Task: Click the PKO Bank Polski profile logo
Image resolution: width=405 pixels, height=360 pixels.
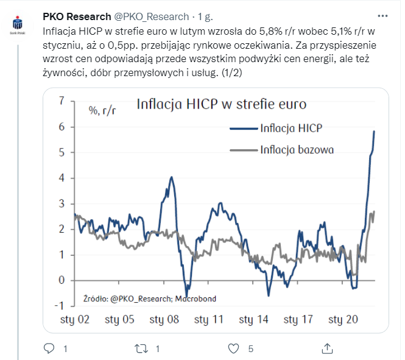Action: coord(18,26)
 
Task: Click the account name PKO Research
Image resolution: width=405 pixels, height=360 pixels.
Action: coord(77,16)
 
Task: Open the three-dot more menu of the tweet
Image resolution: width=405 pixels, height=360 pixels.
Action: coord(382,16)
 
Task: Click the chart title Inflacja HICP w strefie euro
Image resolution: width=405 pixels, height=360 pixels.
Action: coord(221,104)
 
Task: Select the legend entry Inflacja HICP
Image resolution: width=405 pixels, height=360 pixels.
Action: coord(291,129)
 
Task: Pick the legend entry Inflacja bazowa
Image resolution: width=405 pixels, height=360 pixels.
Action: coord(297,149)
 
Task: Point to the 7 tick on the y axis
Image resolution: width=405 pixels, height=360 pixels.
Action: coord(61,101)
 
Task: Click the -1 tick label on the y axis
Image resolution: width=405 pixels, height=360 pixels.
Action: coord(60,306)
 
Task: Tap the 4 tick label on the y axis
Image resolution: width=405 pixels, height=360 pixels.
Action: coord(61,178)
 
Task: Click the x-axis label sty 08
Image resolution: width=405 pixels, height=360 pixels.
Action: coord(164,319)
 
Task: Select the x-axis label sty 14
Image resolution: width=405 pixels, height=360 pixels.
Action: coord(254,319)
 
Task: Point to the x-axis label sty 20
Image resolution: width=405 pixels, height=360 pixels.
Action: coord(343,319)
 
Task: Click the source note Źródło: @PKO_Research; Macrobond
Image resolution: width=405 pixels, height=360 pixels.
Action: coord(149,299)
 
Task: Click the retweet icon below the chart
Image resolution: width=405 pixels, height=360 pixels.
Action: coord(141,348)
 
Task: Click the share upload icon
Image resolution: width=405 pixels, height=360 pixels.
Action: coord(326,348)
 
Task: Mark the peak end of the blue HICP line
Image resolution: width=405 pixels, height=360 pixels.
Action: coord(374,132)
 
